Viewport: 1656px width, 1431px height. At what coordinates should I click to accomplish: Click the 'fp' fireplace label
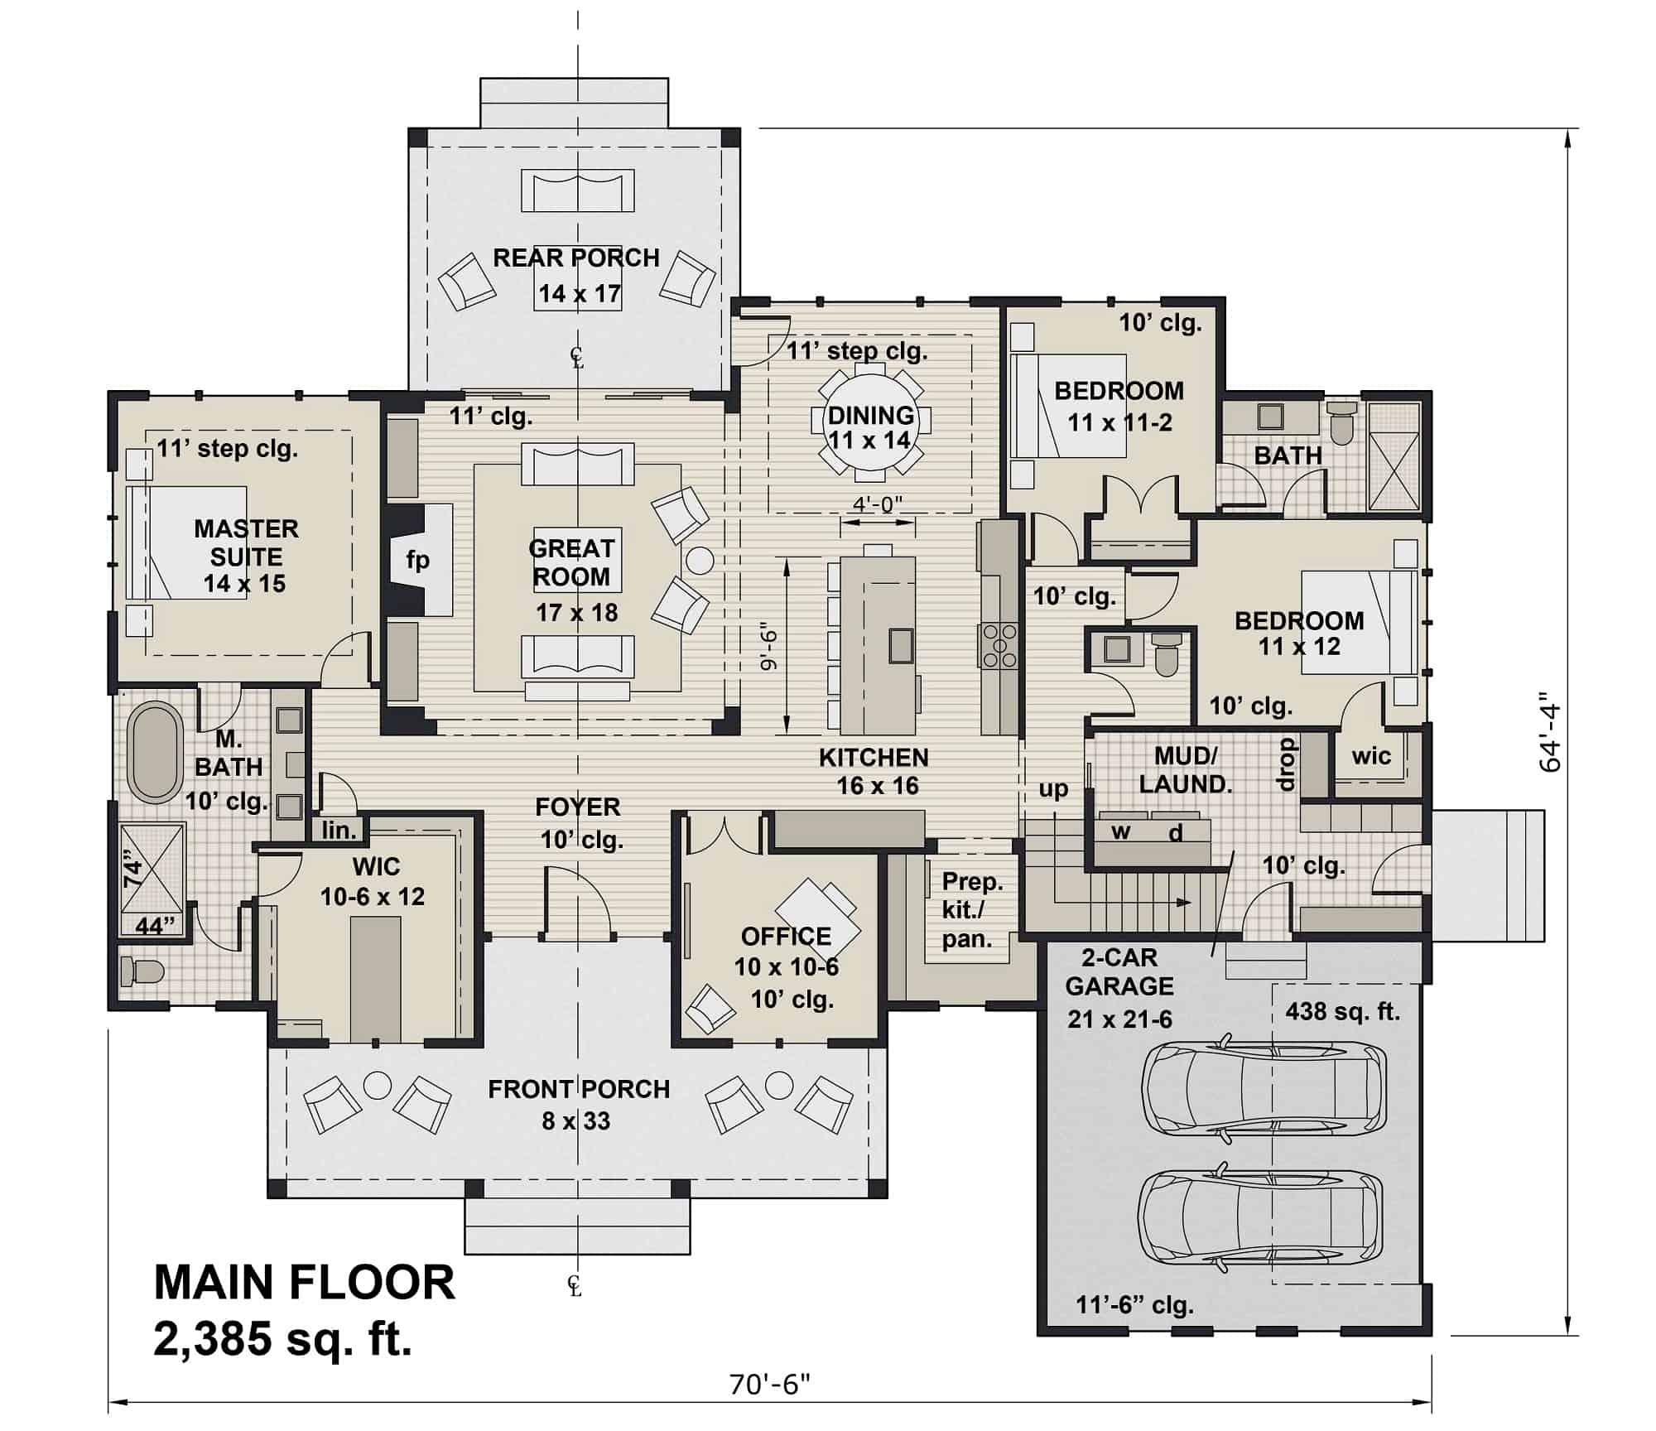(x=417, y=561)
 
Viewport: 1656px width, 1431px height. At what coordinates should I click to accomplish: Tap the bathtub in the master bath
(x=155, y=752)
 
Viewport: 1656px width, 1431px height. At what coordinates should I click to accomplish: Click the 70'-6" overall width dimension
(x=769, y=1384)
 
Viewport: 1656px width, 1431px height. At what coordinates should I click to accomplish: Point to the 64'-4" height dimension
(x=1549, y=737)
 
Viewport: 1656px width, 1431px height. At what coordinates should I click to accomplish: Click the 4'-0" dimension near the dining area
(x=877, y=504)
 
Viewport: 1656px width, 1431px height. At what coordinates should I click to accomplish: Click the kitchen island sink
(x=901, y=645)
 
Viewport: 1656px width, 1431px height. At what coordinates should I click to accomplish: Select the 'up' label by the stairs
(x=1053, y=789)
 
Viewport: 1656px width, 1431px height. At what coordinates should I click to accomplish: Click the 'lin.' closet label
(x=339, y=830)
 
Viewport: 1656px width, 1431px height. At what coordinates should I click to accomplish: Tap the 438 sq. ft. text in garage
(x=1342, y=1011)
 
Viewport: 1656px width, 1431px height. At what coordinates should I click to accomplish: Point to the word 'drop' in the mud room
(x=1286, y=764)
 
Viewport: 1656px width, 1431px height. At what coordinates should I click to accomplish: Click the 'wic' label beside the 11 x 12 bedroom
(x=1371, y=755)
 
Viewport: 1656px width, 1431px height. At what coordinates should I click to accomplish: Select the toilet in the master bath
(x=141, y=971)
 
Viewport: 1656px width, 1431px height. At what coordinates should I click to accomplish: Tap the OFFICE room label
(x=786, y=937)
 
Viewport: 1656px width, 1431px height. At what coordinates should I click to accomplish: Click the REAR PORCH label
(x=576, y=258)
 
